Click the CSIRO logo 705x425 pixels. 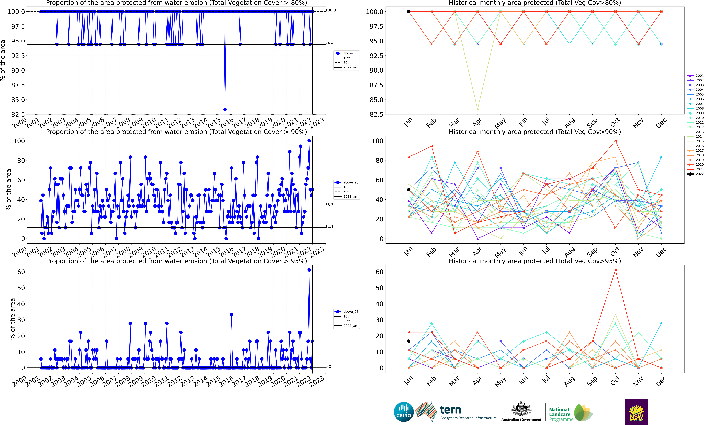pos(403,412)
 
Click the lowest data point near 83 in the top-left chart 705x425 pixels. pos(225,109)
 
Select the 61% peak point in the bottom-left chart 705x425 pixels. pos(309,270)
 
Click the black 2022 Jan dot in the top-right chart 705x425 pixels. pos(409,12)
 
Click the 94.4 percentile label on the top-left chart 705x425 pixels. pos(329,43)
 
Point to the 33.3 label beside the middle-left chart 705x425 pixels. pos(329,205)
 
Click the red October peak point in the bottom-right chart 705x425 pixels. pos(615,270)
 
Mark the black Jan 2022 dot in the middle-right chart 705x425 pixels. pos(409,190)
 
